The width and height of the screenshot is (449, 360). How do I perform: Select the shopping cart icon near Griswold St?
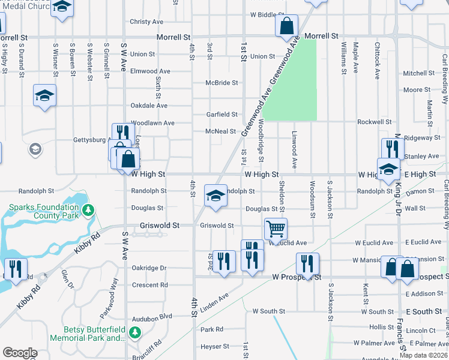tap(276, 228)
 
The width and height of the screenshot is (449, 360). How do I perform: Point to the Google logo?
tap(19, 353)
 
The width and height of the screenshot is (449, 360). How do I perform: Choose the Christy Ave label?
tap(146, 22)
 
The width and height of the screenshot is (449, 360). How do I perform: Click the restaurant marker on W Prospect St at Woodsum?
tap(307, 264)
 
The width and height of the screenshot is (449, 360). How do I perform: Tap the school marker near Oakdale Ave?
tap(44, 96)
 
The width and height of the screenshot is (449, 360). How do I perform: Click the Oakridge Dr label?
tap(149, 268)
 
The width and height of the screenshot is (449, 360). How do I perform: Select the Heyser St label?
tap(215, 346)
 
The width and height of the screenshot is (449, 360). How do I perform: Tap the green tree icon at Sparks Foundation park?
tap(88, 210)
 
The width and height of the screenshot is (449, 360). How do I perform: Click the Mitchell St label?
tap(418, 73)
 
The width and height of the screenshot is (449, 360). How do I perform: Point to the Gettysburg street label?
tap(89, 140)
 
